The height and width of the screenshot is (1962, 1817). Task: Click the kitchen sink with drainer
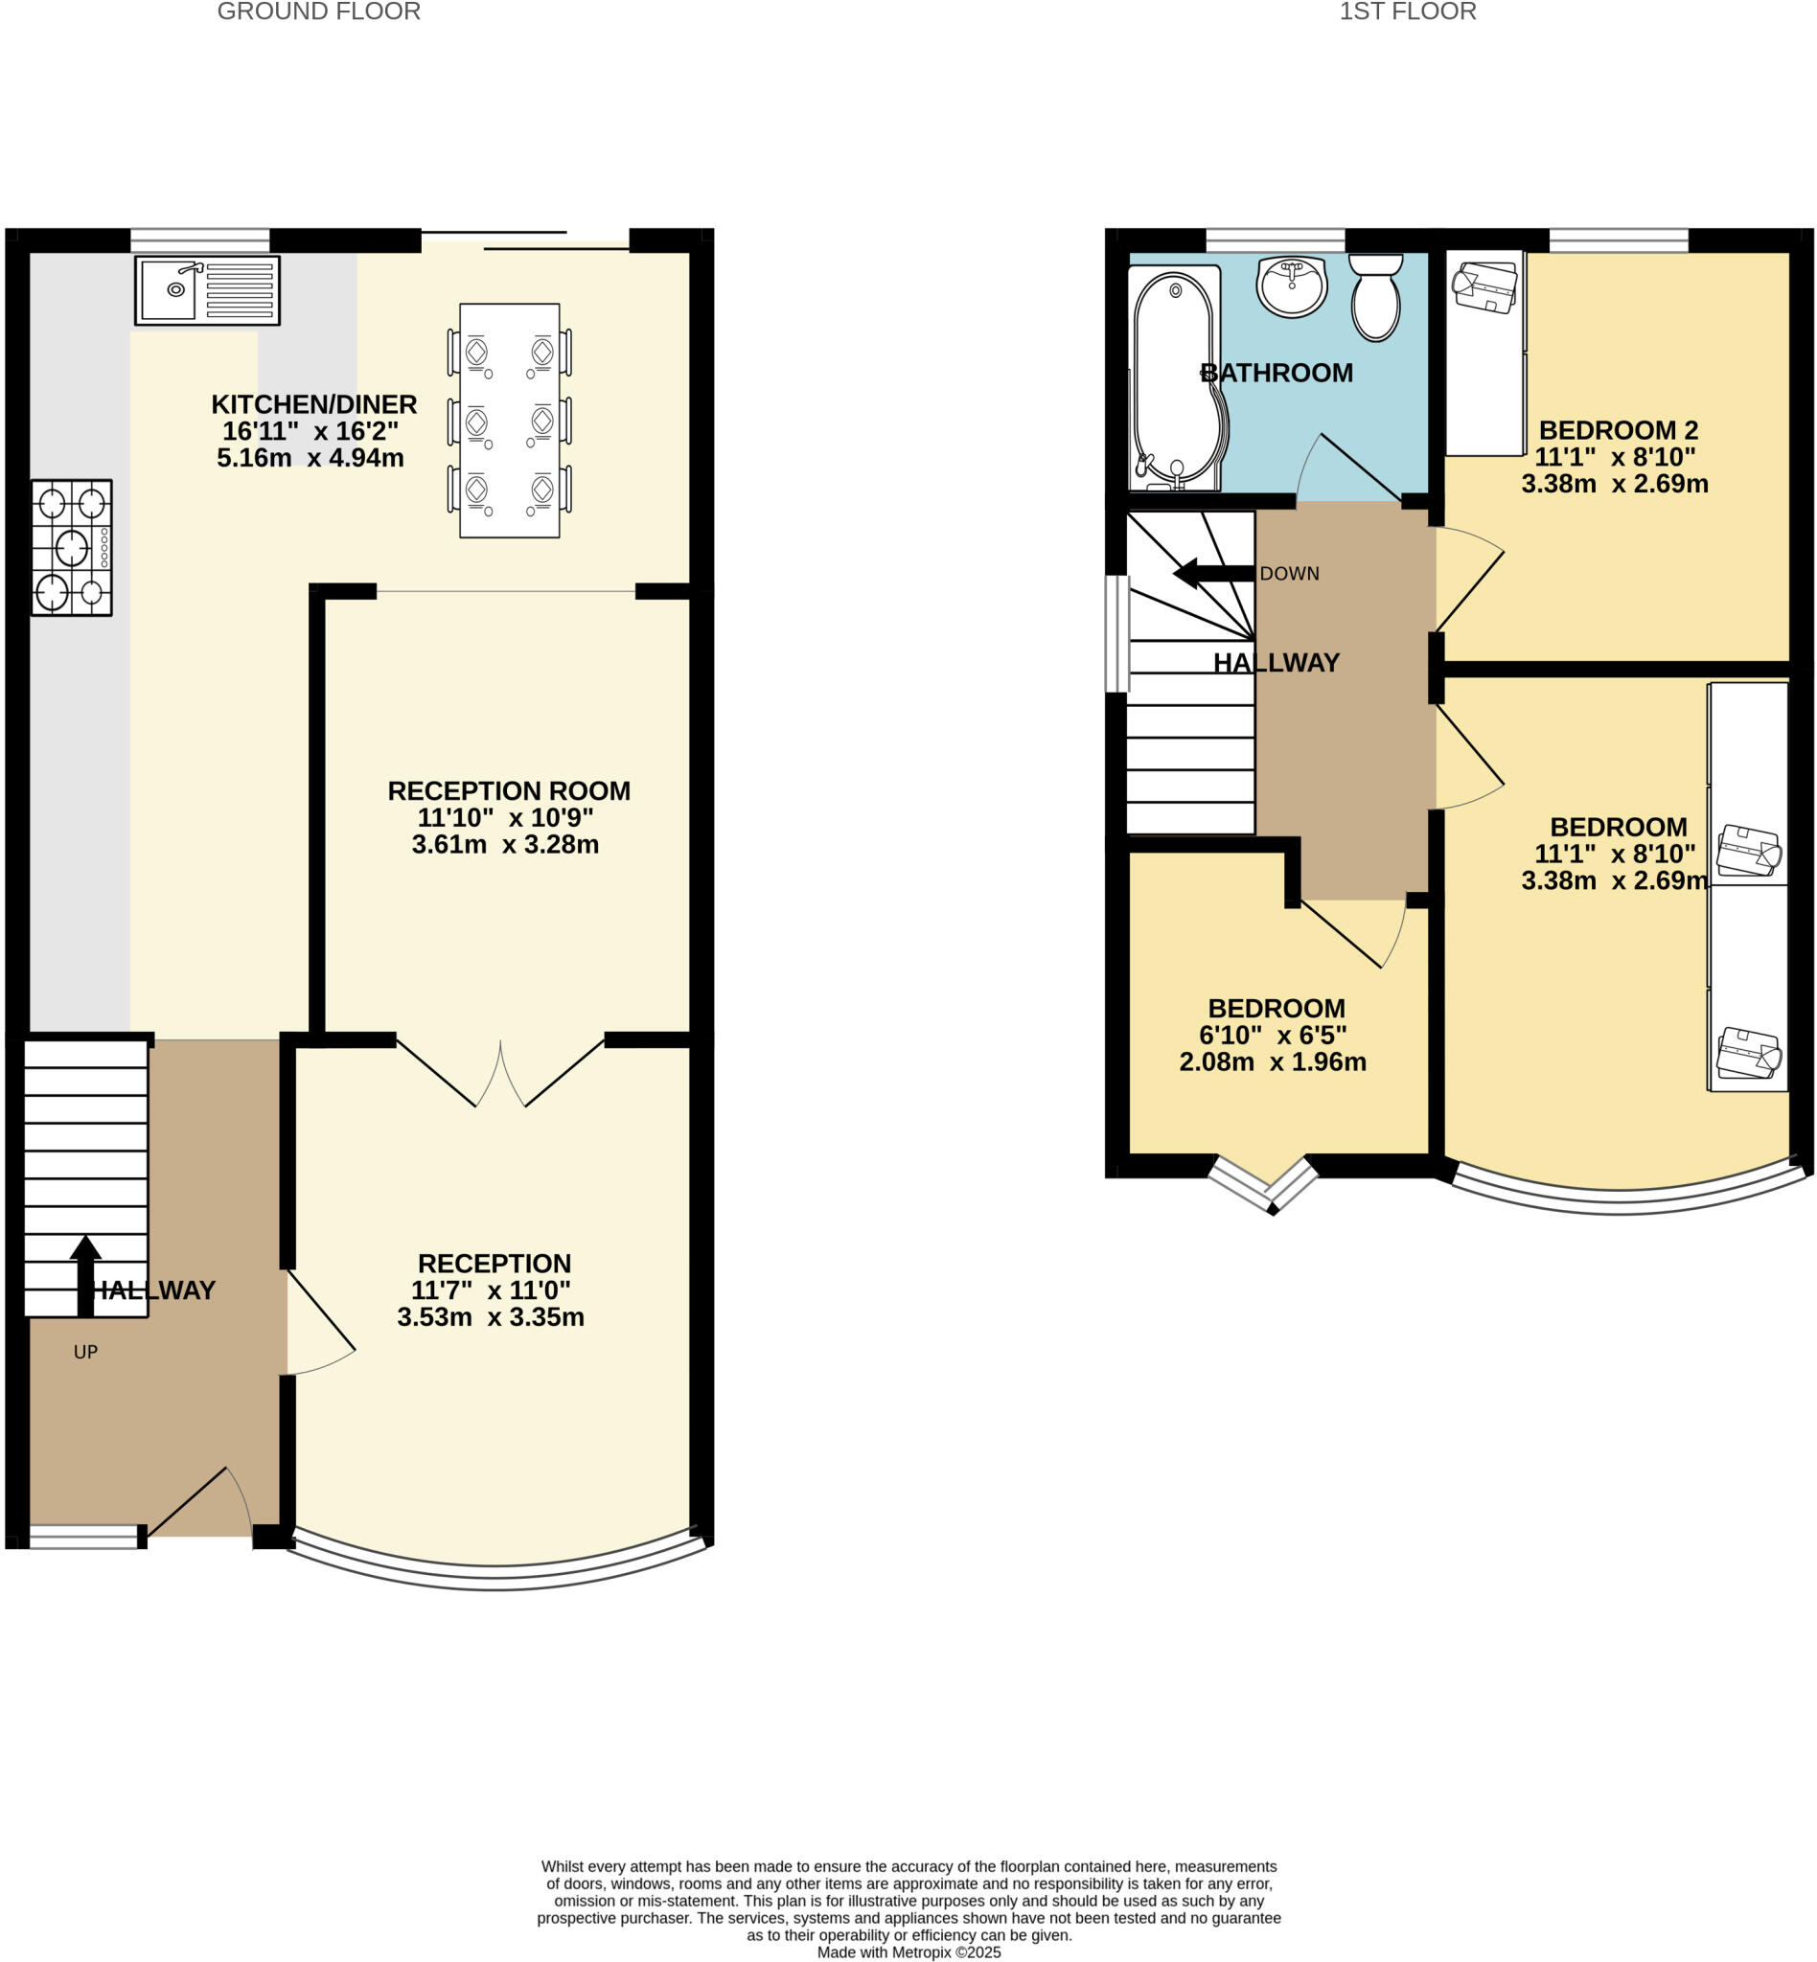[x=207, y=290]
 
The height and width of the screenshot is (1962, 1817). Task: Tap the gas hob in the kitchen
[x=72, y=548]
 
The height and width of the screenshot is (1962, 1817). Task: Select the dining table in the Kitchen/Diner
[x=509, y=421]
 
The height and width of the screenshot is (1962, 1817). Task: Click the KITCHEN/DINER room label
[x=313, y=404]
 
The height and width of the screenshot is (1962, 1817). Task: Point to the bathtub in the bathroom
[x=1177, y=378]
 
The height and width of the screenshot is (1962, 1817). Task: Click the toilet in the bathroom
[x=1375, y=298]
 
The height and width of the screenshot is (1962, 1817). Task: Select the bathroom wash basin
[x=1291, y=286]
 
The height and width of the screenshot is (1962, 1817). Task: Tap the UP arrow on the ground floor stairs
[x=85, y=1274]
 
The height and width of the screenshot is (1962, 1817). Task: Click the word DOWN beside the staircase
[x=1289, y=574]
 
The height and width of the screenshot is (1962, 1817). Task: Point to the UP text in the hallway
[x=85, y=1353]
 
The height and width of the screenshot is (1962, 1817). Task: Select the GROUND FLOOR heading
[x=318, y=11]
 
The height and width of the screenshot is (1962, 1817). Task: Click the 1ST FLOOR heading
[x=1407, y=11]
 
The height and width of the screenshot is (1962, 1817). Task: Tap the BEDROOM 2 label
[x=1618, y=430]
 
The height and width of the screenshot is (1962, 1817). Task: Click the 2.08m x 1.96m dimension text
[x=1273, y=1061]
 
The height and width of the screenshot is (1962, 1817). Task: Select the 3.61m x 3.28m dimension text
[x=504, y=844]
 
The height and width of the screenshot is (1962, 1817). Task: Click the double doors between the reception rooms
[x=500, y=1074]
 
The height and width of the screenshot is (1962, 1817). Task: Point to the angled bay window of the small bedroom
[x=1263, y=1185]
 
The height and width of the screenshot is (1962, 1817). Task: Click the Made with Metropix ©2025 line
[x=908, y=1952]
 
